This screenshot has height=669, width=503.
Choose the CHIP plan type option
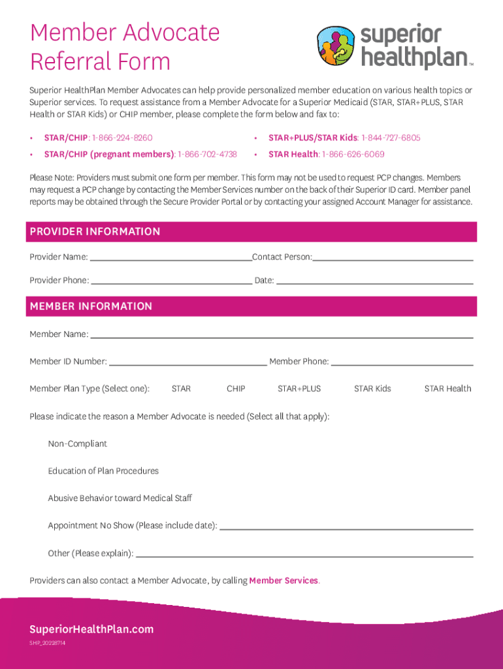click(236, 389)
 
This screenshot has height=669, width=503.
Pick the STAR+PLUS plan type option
click(299, 389)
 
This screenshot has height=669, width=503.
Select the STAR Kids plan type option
click(372, 389)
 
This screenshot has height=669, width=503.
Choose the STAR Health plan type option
click(447, 389)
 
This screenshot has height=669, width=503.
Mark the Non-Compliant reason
click(77, 444)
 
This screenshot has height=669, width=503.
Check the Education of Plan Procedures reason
click(103, 471)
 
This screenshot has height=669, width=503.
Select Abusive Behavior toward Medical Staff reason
click(120, 498)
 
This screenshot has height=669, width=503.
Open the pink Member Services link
click(284, 581)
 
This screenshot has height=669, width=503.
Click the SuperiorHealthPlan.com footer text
click(91, 629)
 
